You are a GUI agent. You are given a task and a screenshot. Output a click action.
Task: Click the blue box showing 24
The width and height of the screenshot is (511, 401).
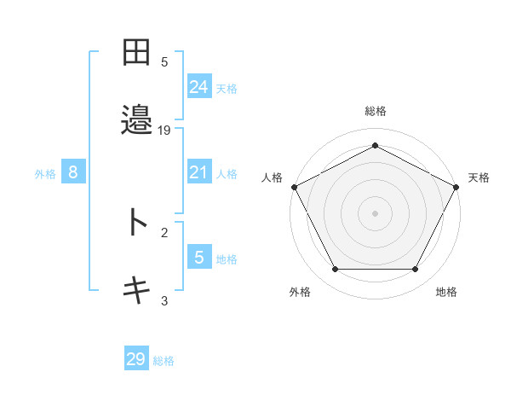[198, 86]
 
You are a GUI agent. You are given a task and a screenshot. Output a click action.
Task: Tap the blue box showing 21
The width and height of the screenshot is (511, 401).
[198, 172]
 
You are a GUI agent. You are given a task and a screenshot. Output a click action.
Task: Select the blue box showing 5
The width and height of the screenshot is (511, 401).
[198, 257]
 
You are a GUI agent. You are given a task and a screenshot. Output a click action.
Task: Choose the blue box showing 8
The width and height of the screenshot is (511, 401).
[73, 172]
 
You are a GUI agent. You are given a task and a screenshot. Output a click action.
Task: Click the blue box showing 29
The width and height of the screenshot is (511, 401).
[136, 359]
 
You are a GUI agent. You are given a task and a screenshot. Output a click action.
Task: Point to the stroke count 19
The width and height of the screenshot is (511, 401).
[164, 130]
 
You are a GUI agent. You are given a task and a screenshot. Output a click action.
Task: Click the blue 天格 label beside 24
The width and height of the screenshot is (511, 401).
[227, 88]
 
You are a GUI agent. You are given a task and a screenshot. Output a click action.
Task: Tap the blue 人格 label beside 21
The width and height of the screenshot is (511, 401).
[227, 174]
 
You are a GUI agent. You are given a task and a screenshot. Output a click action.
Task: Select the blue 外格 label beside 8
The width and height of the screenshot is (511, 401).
[45, 174]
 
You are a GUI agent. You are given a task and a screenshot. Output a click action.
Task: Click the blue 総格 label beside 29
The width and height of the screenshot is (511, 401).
[164, 361]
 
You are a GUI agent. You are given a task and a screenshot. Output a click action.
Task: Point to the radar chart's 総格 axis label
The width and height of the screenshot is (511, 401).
[375, 111]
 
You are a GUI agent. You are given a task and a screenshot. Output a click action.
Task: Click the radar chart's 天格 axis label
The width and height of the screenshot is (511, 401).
[479, 177]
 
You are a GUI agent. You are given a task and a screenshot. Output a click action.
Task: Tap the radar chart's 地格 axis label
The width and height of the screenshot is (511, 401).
[446, 292]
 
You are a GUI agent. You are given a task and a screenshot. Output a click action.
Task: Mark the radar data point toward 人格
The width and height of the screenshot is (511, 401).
[294, 186]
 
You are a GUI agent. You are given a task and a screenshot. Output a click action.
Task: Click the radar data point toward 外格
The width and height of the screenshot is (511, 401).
[335, 270]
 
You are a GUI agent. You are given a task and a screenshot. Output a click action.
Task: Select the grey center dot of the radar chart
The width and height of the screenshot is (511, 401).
[375, 212]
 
